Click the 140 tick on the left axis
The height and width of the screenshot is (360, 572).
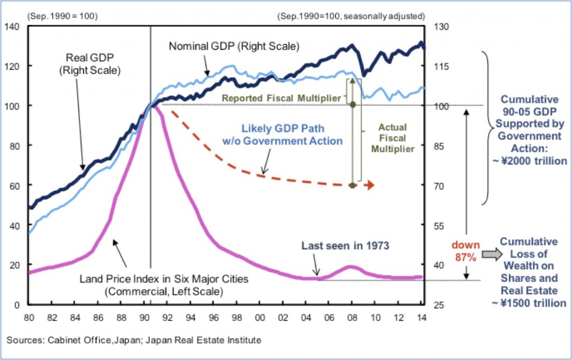pos(13,26)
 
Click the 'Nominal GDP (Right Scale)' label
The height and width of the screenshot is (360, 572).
pos(235,45)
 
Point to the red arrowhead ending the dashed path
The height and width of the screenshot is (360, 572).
pos(370,185)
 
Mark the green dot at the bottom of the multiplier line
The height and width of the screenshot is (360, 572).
pos(352,185)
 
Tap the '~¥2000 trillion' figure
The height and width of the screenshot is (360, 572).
pos(528,161)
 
